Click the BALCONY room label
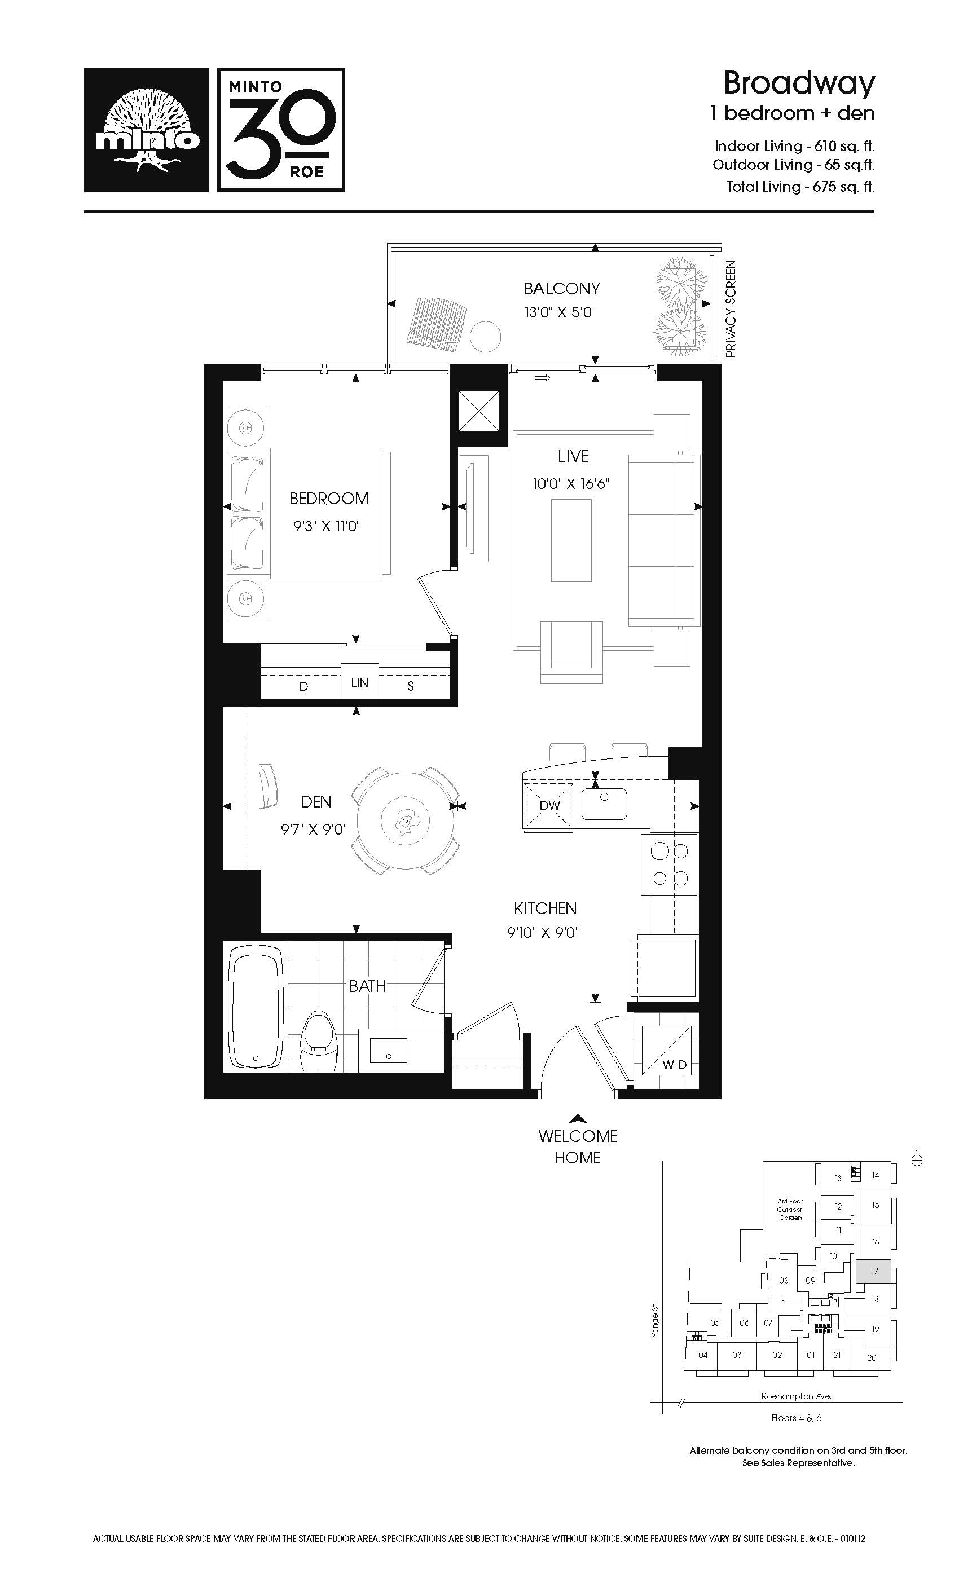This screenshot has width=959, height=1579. coord(561,289)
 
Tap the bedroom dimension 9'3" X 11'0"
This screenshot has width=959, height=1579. coord(327,526)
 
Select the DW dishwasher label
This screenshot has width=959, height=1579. coord(550,805)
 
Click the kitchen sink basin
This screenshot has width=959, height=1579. coord(604,804)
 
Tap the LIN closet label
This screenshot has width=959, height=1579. coord(360,683)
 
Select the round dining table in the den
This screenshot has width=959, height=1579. coord(405,821)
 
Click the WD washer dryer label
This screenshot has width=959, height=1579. coord(674,1065)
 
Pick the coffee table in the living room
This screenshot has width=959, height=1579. coord(571,540)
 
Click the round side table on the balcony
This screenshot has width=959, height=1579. coord(485,336)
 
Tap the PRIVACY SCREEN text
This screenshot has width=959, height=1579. coord(730,309)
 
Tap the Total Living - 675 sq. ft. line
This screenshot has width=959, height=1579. coord(800,187)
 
